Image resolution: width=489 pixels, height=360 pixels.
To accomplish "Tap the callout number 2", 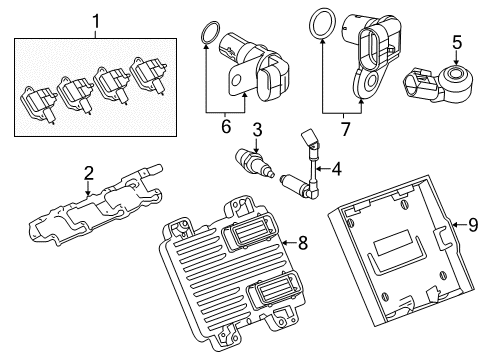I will point(88,174).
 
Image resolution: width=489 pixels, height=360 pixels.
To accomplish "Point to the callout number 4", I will point(335,170).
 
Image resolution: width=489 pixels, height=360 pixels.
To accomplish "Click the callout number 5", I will point(456,43).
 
